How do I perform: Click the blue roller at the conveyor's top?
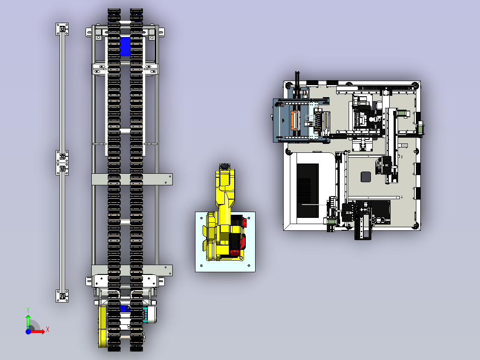125,46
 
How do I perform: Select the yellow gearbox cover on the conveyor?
103,326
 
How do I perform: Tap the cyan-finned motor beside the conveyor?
146,315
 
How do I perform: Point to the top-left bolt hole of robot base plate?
201,218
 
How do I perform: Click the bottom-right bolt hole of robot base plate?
249,266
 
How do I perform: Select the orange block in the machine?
294,120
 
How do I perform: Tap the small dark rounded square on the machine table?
366,177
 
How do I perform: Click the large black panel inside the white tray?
308,190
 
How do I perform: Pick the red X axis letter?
48,330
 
